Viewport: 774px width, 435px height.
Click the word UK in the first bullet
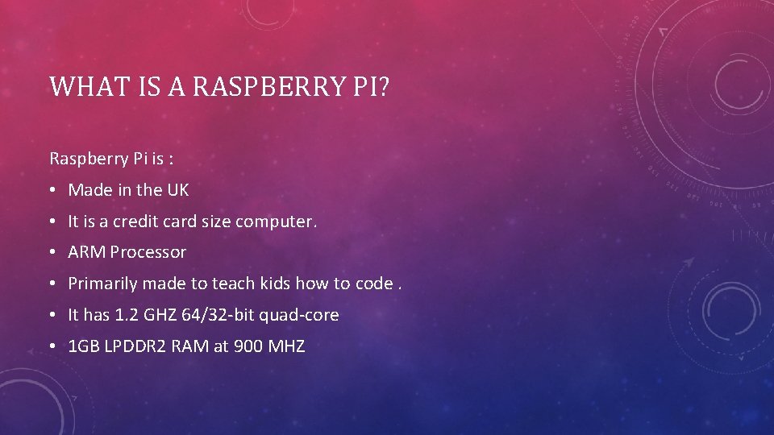178,190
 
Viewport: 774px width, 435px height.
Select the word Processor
148,252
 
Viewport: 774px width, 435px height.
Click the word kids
275,284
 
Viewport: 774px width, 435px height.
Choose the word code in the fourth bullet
372,284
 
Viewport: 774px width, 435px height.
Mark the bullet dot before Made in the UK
52,191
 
